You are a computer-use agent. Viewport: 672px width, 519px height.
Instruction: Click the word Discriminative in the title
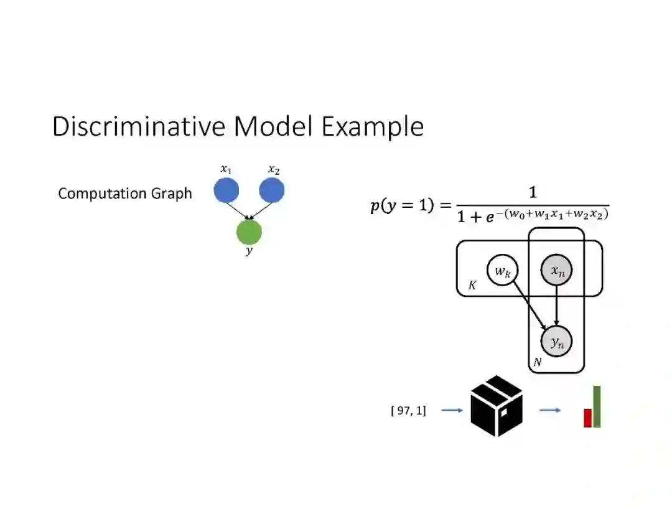pos(141,126)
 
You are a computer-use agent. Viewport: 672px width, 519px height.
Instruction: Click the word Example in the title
pos(373,128)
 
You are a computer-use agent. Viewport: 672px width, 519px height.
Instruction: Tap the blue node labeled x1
pos(226,190)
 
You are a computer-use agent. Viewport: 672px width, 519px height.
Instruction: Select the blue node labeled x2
pos(271,190)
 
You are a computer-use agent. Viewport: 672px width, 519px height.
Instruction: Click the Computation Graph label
pos(125,194)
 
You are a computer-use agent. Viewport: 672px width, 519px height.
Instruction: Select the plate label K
pos(472,286)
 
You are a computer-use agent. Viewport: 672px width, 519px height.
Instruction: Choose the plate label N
pos(537,362)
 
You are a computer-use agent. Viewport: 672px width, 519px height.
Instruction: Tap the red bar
pos(587,418)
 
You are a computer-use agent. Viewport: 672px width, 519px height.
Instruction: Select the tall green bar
pos(597,406)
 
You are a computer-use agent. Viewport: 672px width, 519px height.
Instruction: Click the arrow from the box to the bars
pos(549,410)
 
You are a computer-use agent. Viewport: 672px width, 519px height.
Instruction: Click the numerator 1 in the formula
pos(533,192)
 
